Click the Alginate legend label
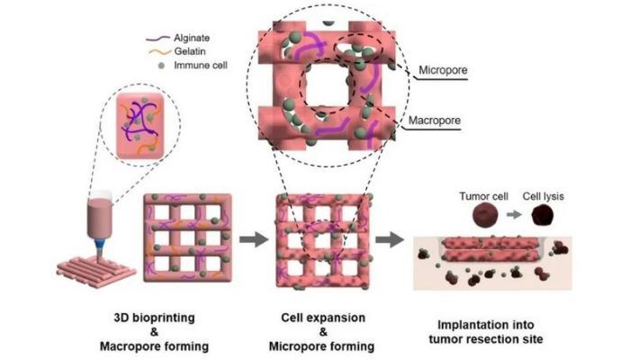coord(192,38)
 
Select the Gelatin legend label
coord(190,51)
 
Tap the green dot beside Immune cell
coord(161,66)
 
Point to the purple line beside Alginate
coord(157,39)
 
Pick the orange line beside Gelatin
coord(160,52)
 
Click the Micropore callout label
coord(443,70)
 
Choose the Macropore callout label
coord(435,121)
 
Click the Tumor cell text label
coord(484,196)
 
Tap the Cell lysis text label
coord(544,196)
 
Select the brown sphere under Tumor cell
coord(485,215)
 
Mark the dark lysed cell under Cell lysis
coord(543,215)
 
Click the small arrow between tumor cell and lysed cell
coord(514,215)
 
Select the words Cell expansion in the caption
coord(323,318)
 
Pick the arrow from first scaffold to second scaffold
coord(254,239)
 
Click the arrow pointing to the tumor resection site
coord(390,239)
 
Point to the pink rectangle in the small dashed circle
coord(140,126)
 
